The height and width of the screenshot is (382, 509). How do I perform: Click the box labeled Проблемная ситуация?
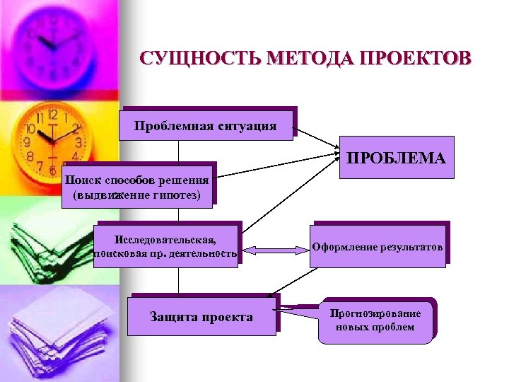point(206,126)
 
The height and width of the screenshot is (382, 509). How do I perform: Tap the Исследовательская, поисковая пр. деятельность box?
point(166,243)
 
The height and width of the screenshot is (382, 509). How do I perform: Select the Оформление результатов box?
point(378,247)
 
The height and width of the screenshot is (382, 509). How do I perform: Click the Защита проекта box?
point(201,316)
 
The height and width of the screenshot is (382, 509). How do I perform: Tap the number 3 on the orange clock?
point(78,142)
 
